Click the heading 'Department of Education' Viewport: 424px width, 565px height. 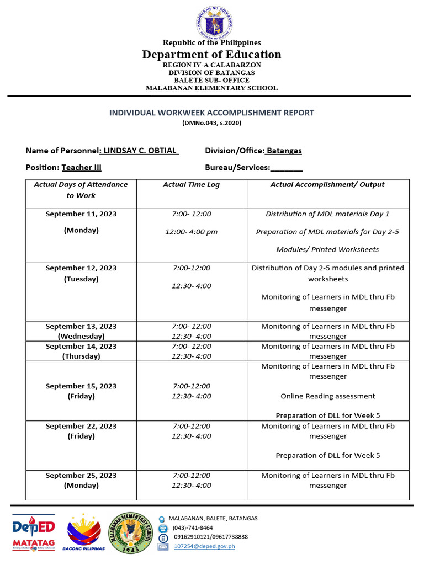pyautogui.click(x=211, y=54)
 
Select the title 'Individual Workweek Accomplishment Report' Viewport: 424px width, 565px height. pyautogui.click(x=211, y=113)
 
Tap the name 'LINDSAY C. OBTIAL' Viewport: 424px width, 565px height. pyautogui.click(x=140, y=151)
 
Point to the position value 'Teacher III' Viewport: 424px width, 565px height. pyautogui.click(x=81, y=167)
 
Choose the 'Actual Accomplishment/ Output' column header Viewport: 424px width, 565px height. pyautogui.click(x=327, y=185)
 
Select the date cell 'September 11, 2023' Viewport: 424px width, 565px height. pyautogui.click(x=81, y=214)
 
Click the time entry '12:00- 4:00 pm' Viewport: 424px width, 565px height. pyautogui.click(x=191, y=232)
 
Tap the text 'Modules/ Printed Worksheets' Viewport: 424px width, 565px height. pyautogui.click(x=327, y=249)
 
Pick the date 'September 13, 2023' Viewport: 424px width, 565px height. pyautogui.click(x=81, y=326)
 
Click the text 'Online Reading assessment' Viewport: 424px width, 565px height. pyautogui.click(x=327, y=396)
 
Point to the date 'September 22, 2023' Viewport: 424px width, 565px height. pyautogui.click(x=81, y=426)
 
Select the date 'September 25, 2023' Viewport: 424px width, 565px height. pyautogui.click(x=81, y=476)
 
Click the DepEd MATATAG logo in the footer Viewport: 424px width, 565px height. pyautogui.click(x=34, y=533)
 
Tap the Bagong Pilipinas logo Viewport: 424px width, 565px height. pyautogui.click(x=83, y=533)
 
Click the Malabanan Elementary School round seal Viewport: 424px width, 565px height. pyautogui.click(x=131, y=532)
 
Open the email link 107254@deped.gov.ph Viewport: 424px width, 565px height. pyautogui.click(x=204, y=546)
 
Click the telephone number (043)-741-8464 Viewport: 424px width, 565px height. pyautogui.click(x=193, y=527)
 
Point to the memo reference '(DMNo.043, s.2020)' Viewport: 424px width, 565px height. pyautogui.click(x=211, y=123)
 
